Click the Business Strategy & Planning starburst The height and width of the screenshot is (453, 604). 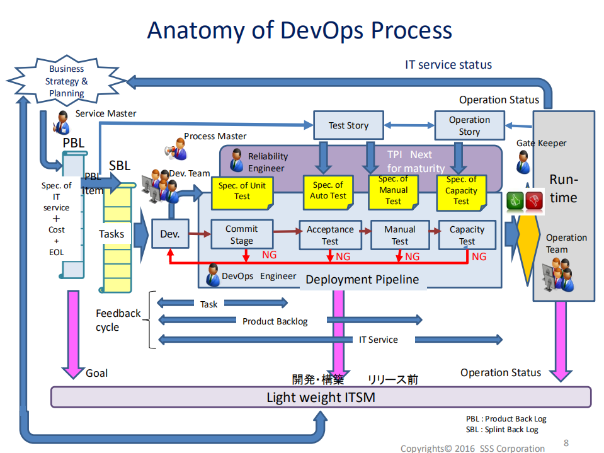click(x=66, y=81)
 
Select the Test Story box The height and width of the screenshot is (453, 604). click(x=348, y=125)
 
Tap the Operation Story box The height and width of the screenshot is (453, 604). click(x=469, y=125)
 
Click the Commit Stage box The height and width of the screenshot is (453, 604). click(x=241, y=235)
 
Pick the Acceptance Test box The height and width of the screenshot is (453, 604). click(x=330, y=235)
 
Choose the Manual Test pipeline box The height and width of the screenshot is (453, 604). click(x=400, y=235)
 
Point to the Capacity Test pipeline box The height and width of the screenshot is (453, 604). click(x=467, y=235)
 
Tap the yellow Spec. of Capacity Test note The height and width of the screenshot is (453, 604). click(x=462, y=191)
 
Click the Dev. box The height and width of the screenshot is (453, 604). click(x=169, y=234)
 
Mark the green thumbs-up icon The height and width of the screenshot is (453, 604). click(x=515, y=200)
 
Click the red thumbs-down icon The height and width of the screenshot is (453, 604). click(x=534, y=200)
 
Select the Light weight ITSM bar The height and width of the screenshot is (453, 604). click(x=321, y=397)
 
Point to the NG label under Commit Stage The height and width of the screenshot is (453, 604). click(x=269, y=256)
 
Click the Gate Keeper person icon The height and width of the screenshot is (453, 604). click(x=524, y=162)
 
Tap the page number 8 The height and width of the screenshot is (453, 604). click(x=566, y=442)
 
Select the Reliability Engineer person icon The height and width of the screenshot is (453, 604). click(x=237, y=161)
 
